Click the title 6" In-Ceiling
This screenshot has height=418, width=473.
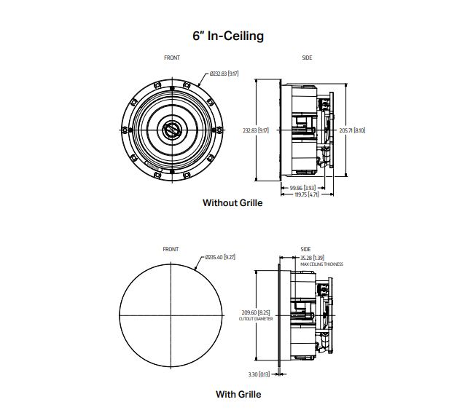coord(227,35)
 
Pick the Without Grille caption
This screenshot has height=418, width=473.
coord(232,203)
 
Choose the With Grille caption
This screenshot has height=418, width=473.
coord(238,394)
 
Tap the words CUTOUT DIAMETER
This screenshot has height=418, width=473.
coord(254,319)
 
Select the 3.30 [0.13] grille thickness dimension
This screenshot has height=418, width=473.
coord(259,374)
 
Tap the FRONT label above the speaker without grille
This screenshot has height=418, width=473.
coord(171,58)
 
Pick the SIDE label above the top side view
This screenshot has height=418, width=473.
coord(307,58)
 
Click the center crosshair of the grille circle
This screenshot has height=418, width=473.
coord(171,314)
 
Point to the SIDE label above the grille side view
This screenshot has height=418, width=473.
coord(305,249)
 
